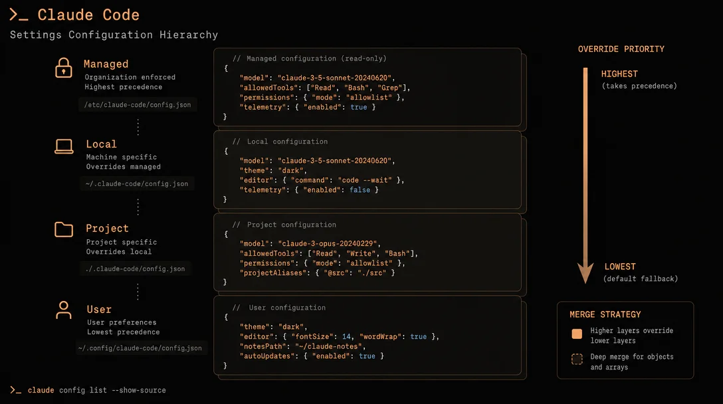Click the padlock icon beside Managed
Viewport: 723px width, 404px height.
tap(64, 68)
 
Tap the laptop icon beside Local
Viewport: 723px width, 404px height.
tap(64, 146)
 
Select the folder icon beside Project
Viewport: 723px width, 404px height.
tap(64, 229)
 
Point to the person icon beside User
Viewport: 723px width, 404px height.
tap(64, 310)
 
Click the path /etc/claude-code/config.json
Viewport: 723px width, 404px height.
tap(138, 105)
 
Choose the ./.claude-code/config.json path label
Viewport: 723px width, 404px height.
tap(135, 268)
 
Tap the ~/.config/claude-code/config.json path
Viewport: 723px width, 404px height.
tap(140, 348)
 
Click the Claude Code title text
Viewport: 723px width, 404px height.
tap(88, 15)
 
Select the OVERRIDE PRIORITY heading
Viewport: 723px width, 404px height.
tap(621, 49)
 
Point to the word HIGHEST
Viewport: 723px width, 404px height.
tap(619, 74)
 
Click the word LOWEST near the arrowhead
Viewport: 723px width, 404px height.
tap(620, 266)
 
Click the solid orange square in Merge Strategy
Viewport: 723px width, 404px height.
tap(577, 334)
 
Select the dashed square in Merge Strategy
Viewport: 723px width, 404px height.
tap(577, 359)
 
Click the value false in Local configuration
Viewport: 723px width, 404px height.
tap(360, 190)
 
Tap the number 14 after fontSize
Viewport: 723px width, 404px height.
tap(346, 337)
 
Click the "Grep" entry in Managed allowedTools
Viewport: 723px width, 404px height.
tap(390, 88)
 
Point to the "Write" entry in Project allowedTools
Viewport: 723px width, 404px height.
tap(361, 254)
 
